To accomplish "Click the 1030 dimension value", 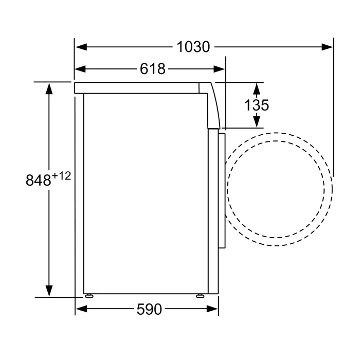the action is (193, 47).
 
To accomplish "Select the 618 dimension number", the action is (153, 68).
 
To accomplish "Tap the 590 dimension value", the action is (149, 309).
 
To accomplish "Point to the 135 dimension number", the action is (256, 105).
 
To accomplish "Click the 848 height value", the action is (38, 180).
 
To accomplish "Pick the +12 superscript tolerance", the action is (61, 176).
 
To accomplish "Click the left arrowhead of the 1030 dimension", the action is (81, 47).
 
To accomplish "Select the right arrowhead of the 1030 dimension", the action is (327, 47).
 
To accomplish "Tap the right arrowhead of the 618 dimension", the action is (219, 69).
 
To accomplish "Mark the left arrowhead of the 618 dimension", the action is (80, 69).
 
